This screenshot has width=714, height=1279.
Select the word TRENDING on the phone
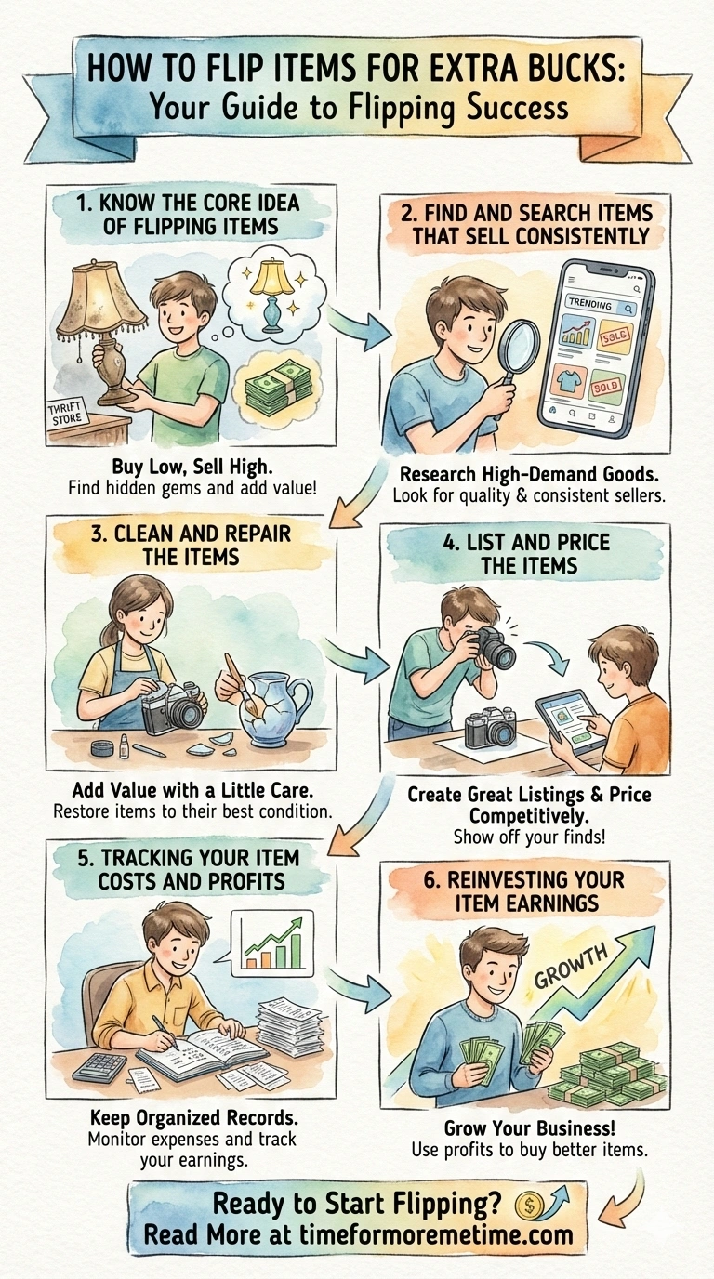589,305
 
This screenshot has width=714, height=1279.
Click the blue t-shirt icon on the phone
573,380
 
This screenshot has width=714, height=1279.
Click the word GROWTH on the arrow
570,966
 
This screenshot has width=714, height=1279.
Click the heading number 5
84,858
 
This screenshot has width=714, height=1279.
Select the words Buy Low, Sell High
192,467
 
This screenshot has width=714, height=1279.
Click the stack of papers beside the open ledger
290,1029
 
